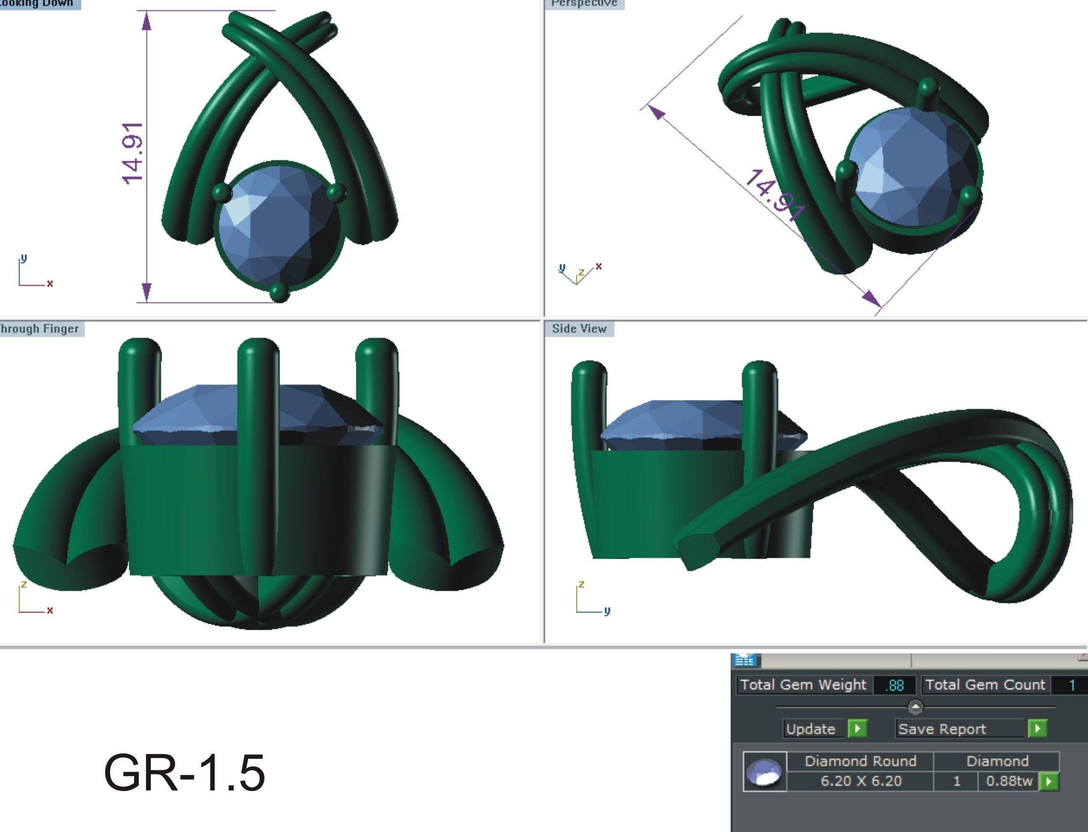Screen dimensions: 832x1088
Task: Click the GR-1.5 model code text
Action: [184, 773]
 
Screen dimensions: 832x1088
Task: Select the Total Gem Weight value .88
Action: [894, 685]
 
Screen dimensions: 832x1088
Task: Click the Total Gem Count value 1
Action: [1072, 685]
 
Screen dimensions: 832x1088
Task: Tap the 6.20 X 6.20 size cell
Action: [861, 781]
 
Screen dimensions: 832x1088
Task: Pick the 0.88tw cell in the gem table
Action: [1008, 781]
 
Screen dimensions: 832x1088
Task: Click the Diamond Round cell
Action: [861, 761]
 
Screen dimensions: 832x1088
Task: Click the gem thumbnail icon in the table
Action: [764, 772]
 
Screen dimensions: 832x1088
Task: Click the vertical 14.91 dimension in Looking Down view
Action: [133, 153]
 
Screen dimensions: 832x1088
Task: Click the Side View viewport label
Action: [579, 329]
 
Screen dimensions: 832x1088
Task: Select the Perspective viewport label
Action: [584, 3]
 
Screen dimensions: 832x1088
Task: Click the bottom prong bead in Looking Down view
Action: [279, 292]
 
